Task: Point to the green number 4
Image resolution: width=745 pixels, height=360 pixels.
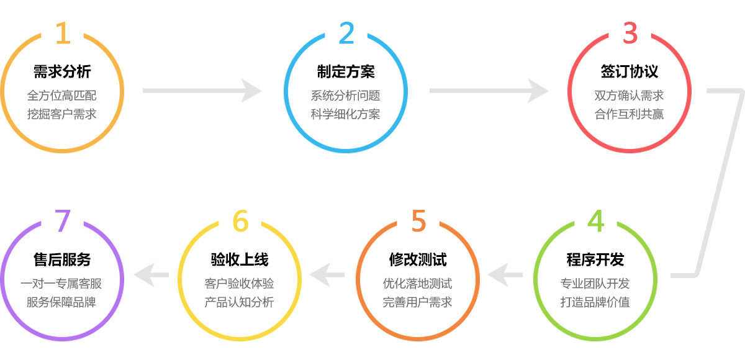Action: [x=595, y=221]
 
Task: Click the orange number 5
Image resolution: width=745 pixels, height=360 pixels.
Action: [x=418, y=221]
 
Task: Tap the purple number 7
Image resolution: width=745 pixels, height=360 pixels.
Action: [x=62, y=221]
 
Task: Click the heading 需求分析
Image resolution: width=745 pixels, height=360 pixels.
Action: [x=62, y=71]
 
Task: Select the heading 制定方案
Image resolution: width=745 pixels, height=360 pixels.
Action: [x=346, y=71]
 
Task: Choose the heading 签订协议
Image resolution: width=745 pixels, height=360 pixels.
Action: [x=630, y=71]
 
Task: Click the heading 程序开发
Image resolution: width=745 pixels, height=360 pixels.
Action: [x=595, y=259]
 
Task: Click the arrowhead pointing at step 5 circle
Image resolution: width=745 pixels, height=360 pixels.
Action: [x=498, y=274]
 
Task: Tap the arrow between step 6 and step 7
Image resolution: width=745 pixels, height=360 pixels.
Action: [x=151, y=274]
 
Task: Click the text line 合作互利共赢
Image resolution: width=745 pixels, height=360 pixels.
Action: [x=630, y=114]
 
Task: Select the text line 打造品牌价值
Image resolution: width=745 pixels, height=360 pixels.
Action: [x=595, y=302]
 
